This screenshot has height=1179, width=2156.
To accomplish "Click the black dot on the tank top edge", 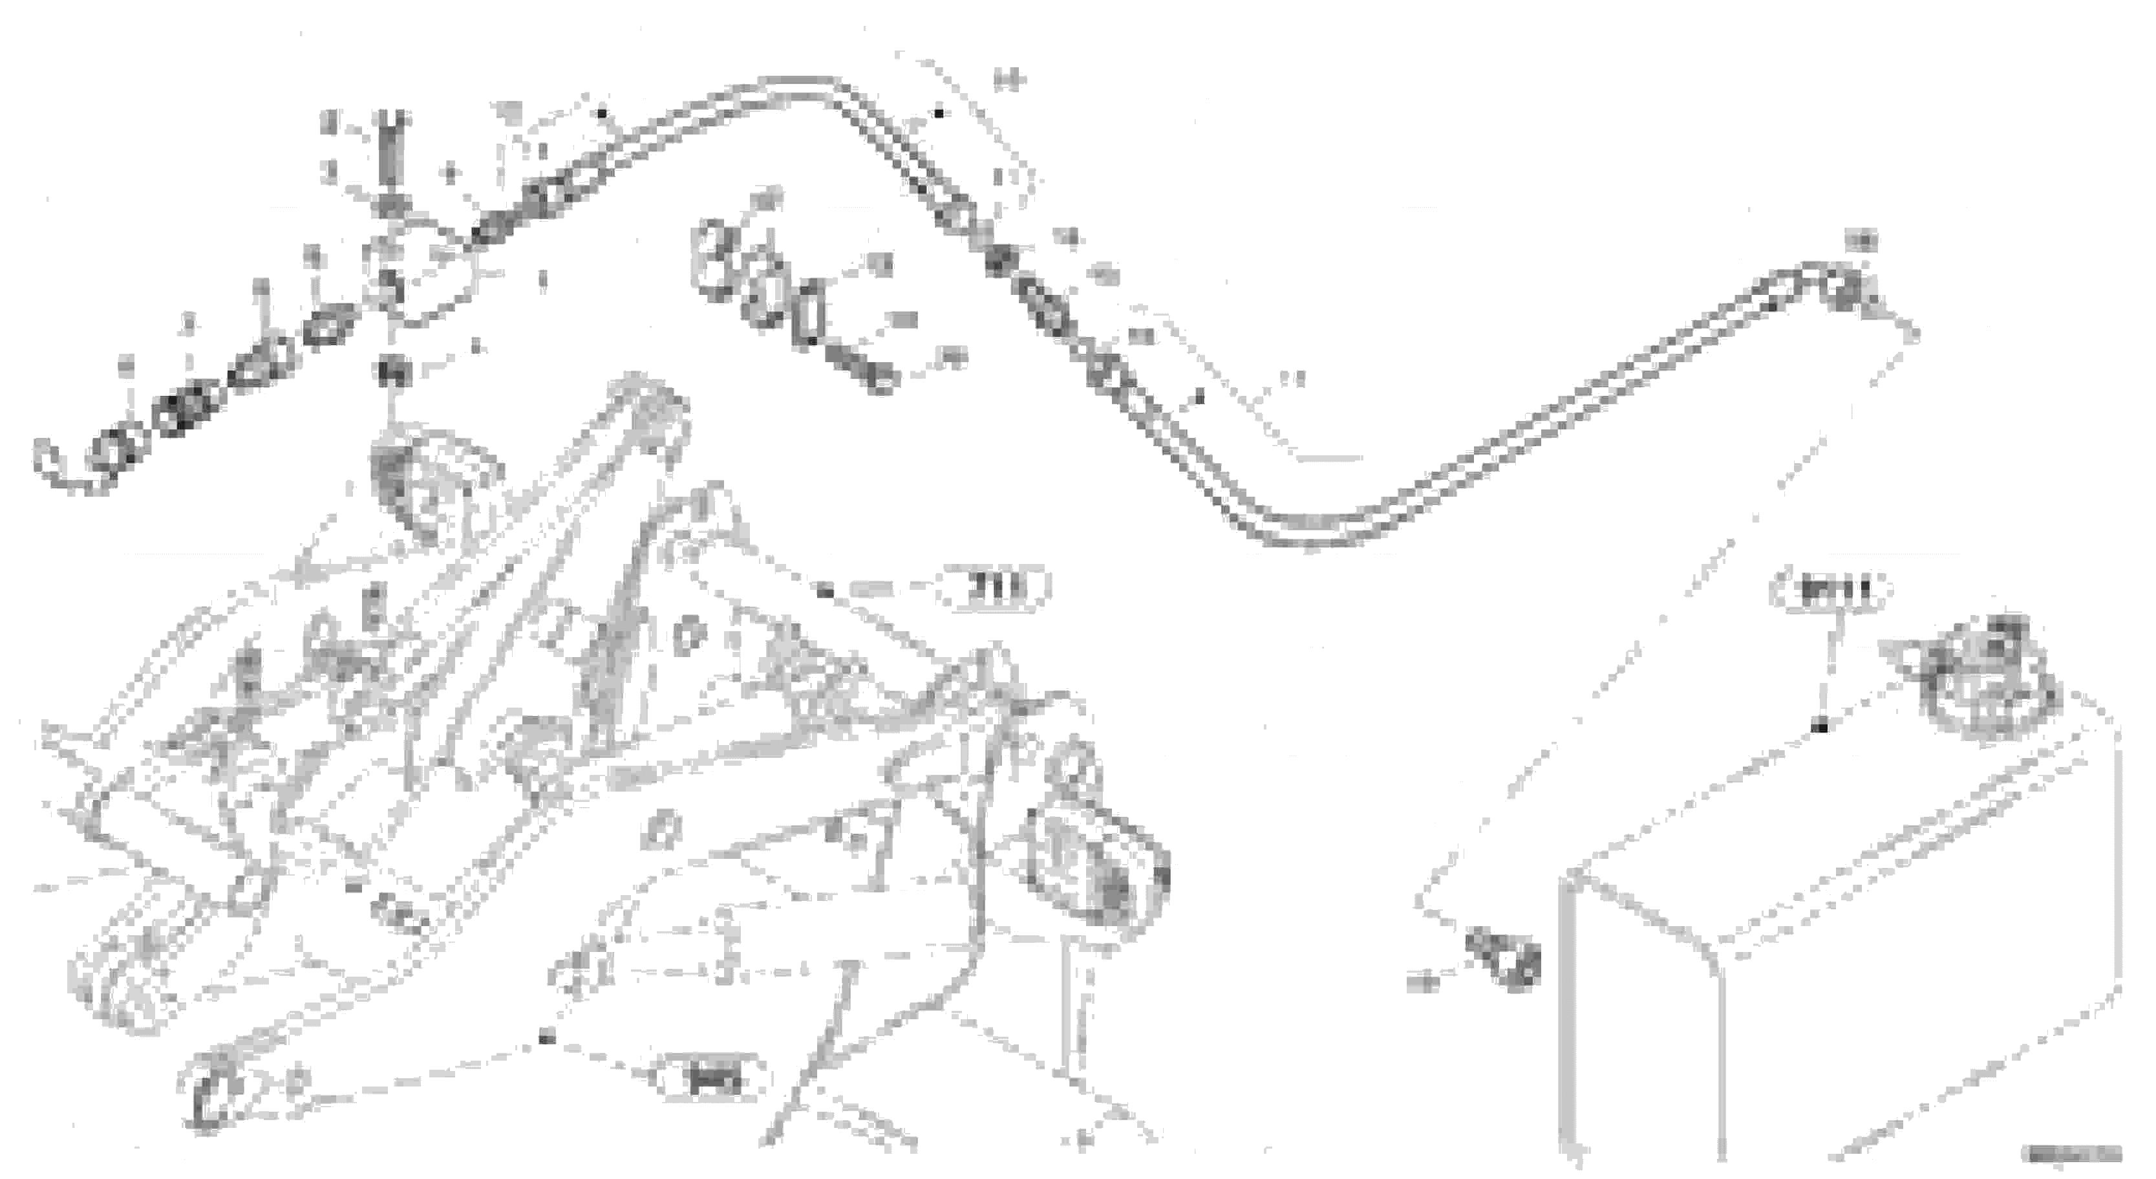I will pos(1819,727).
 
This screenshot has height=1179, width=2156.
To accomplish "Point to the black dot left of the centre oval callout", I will pos(826,592).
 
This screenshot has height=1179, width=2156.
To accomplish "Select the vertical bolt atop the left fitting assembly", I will pos(392,147).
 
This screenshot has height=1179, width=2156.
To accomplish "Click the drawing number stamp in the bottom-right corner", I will pos(2071,1154).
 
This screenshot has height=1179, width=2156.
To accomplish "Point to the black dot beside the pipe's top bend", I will pos(939,113).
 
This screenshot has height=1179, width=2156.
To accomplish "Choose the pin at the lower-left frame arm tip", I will pos(204,1099).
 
